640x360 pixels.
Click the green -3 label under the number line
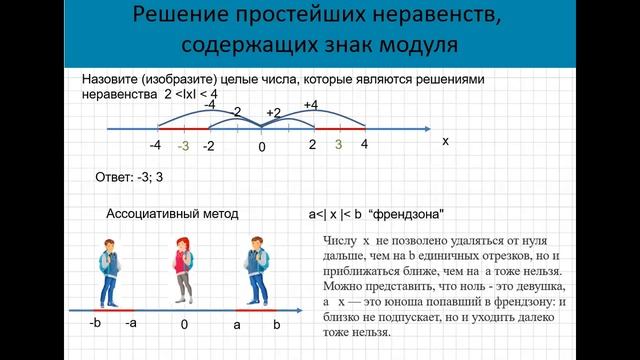coord(183,147)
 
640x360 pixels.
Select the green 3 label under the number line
coord(339,146)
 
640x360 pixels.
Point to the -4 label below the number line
coord(155,146)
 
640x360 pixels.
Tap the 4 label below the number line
coord(365,146)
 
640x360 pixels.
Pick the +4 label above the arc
coord(310,105)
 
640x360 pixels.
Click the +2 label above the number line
coord(274,113)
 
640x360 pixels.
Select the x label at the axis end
coord(445,142)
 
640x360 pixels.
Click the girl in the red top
coord(182,271)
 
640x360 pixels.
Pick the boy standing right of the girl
coord(255,271)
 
